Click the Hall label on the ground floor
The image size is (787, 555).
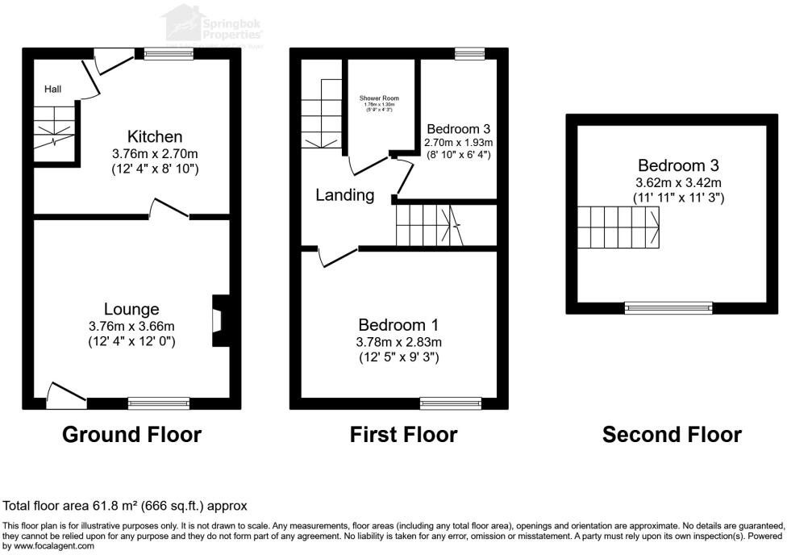(x=52, y=90)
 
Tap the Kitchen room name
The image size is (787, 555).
(x=155, y=136)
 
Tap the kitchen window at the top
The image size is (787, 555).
(x=169, y=54)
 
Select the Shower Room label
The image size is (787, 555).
(x=380, y=98)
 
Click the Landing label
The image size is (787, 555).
(x=344, y=194)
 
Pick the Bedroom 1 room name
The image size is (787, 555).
(x=398, y=324)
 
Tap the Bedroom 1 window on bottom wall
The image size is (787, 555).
(x=450, y=402)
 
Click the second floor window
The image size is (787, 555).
(x=669, y=307)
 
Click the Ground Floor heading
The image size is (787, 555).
(x=131, y=435)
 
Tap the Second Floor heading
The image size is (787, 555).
(x=672, y=435)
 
